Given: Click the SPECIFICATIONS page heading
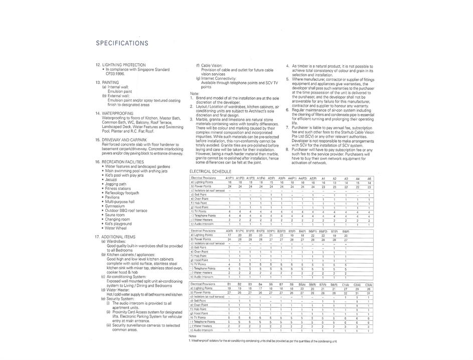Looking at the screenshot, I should [x=122, y=43].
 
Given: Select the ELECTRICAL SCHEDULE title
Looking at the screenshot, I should [x=211, y=172].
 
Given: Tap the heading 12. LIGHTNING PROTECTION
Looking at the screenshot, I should [x=120, y=65].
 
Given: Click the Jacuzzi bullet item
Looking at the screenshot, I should [x=111, y=179].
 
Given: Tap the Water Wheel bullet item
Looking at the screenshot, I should [x=115, y=228].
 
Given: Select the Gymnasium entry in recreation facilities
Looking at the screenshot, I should [x=115, y=206].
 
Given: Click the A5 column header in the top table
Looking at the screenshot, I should [x=369, y=178].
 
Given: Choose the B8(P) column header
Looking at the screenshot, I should [x=346, y=231].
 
